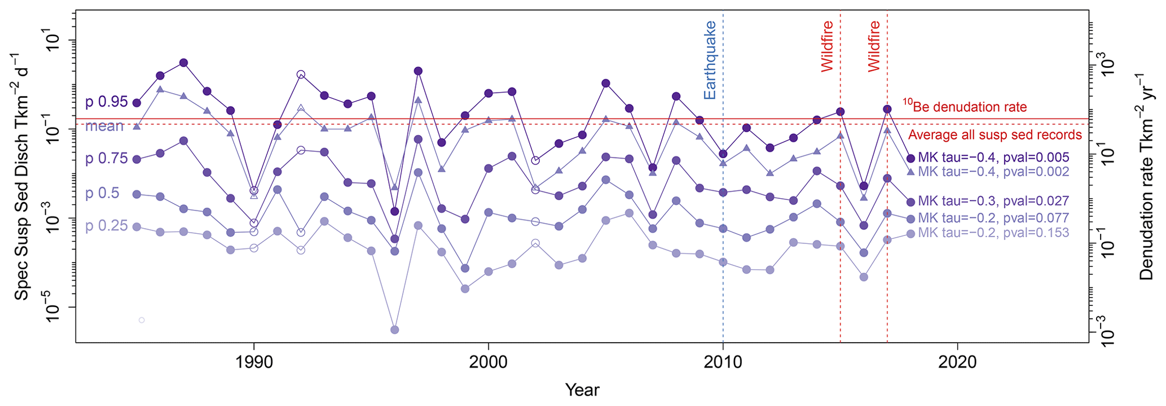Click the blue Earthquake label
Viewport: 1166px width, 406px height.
tap(710, 60)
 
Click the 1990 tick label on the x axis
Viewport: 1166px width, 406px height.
tap(254, 362)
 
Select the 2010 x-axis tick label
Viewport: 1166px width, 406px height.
tap(723, 362)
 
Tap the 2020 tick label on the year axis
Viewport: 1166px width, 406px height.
tap(957, 362)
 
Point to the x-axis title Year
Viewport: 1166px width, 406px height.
tap(582, 390)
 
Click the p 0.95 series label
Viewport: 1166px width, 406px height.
tap(107, 102)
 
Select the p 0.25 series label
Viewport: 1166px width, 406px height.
tap(107, 226)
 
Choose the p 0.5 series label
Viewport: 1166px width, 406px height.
tap(102, 193)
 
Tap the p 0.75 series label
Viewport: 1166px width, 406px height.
tap(107, 159)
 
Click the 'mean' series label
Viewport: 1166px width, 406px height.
tap(104, 126)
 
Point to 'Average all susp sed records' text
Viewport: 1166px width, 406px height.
tap(995, 135)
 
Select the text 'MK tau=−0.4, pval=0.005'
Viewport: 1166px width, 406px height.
tap(993, 158)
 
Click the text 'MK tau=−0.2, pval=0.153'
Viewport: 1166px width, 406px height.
tap(993, 233)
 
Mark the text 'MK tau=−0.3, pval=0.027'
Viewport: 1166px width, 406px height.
tap(993, 201)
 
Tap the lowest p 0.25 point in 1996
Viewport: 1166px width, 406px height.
tap(395, 330)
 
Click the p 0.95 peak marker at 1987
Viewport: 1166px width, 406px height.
tap(183, 63)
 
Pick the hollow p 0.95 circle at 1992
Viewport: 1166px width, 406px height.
tap(301, 75)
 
